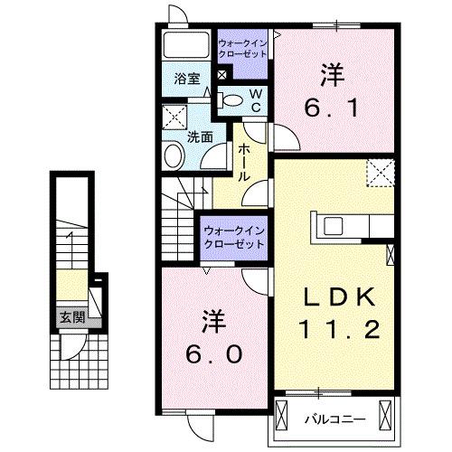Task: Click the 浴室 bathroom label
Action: click(x=186, y=79)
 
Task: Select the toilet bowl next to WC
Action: click(x=231, y=100)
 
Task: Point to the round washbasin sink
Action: click(x=174, y=155)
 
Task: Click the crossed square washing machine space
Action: click(x=174, y=118)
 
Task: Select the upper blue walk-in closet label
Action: click(x=242, y=46)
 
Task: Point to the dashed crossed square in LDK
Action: click(x=380, y=171)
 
